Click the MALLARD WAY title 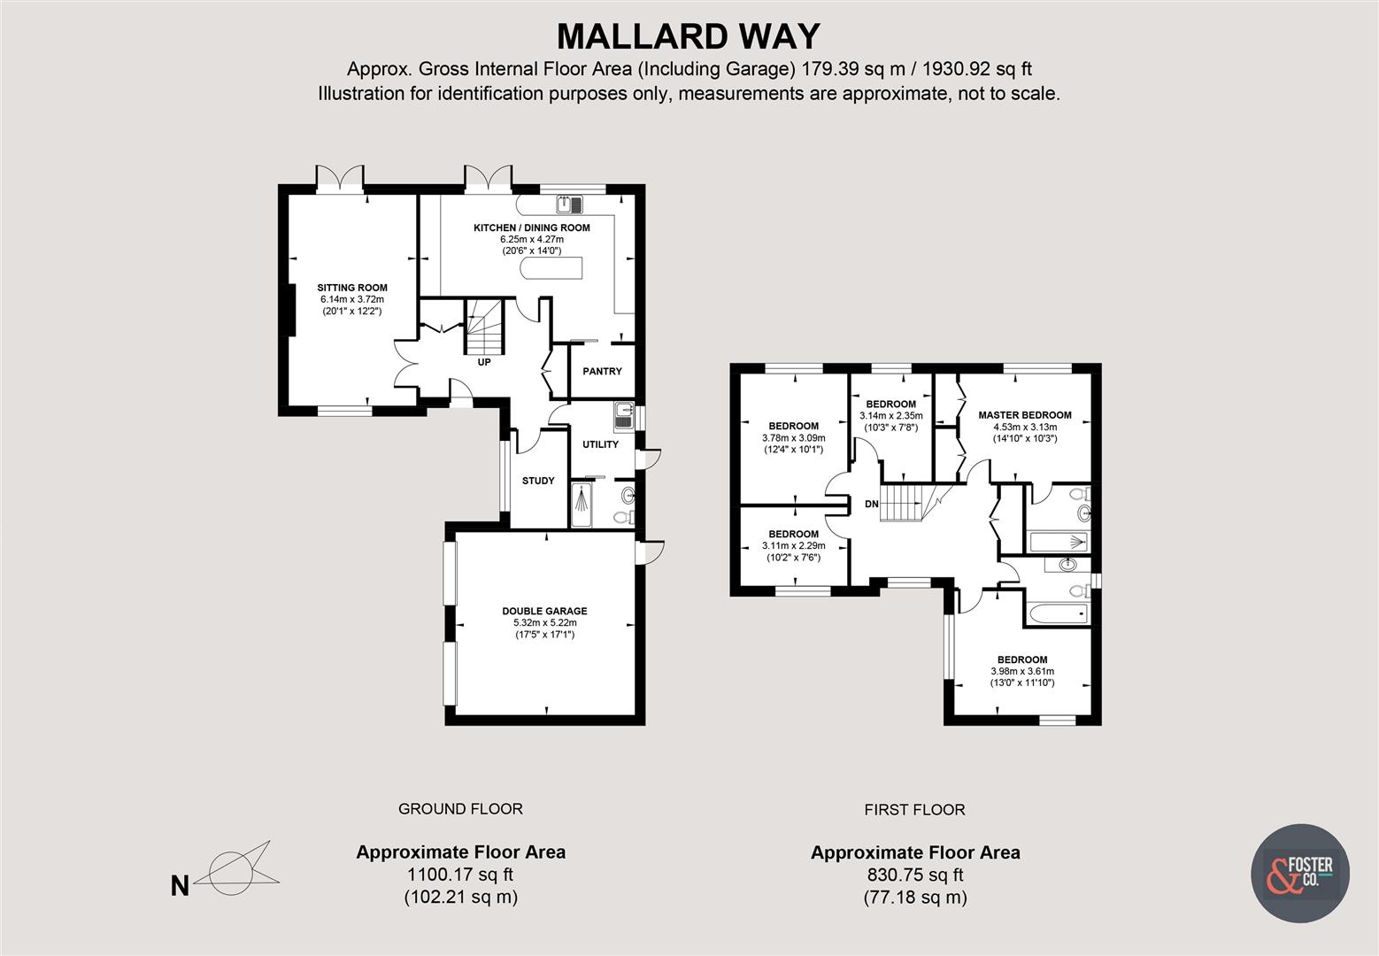[689, 36]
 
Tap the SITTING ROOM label [352, 288]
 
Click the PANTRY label [602, 372]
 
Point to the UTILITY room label [600, 444]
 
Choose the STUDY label [538, 481]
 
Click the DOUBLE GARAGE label [544, 611]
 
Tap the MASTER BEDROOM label [1024, 415]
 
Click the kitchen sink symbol [570, 205]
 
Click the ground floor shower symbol [581, 505]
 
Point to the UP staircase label [483, 362]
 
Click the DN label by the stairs [871, 505]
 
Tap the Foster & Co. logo [1299, 873]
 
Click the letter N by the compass [180, 886]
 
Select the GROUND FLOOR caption [460, 808]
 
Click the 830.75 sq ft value [915, 875]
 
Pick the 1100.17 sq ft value [460, 875]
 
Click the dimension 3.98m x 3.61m [1022, 671]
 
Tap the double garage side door [651, 551]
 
